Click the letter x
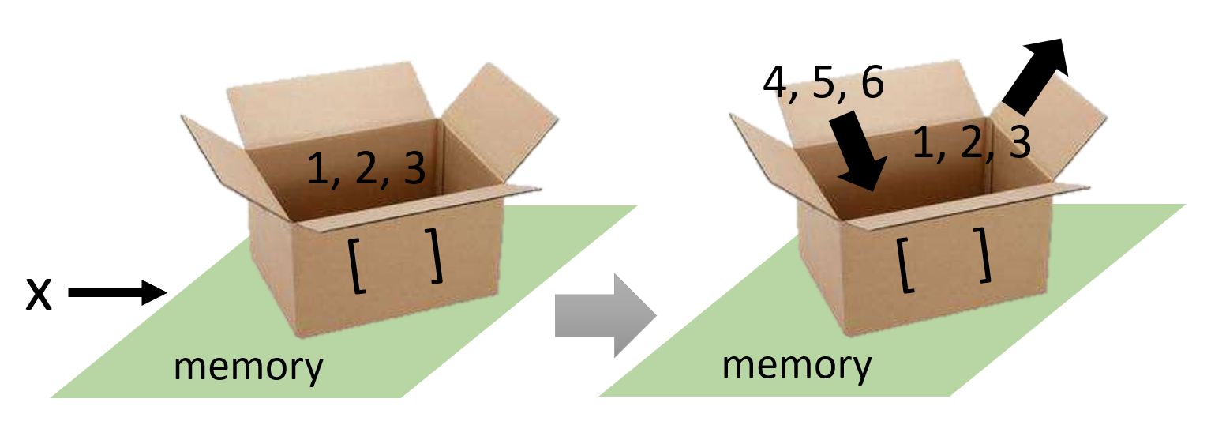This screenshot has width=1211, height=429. (x=39, y=295)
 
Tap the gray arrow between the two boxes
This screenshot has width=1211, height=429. (x=605, y=314)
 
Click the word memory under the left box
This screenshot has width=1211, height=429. (x=248, y=367)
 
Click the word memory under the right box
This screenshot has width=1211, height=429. (x=797, y=366)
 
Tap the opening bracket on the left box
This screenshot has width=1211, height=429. (x=356, y=269)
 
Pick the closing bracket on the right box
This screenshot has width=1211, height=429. (x=982, y=254)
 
